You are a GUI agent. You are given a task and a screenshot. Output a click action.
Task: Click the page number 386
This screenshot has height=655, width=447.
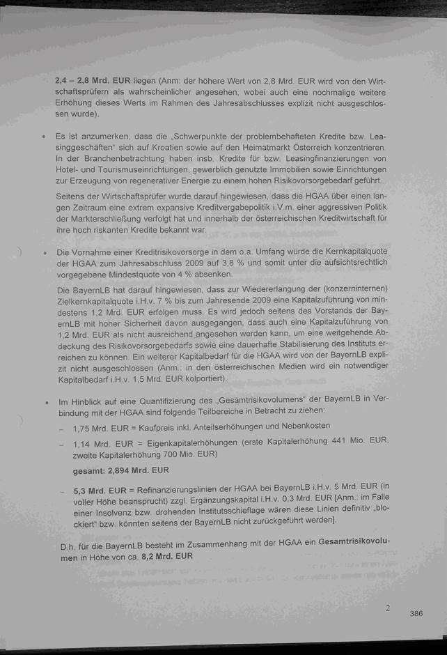click(416, 613)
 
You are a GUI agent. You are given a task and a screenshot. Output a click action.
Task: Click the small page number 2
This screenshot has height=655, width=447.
click(388, 608)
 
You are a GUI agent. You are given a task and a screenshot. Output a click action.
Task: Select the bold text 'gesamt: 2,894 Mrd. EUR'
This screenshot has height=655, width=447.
click(120, 470)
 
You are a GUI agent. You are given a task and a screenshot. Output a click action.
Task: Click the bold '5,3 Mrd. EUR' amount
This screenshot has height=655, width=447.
click(100, 491)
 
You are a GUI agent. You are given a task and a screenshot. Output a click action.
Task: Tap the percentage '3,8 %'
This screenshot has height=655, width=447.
click(215, 263)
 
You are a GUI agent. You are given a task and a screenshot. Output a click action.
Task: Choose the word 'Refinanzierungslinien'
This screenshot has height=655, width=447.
click(179, 491)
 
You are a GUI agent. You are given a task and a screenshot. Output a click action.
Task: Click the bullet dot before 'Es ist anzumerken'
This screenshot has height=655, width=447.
click(44, 137)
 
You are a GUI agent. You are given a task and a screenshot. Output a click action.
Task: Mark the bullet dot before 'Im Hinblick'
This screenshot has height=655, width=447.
click(45, 403)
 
